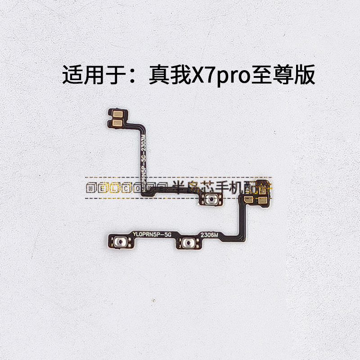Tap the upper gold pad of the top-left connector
click(x=114, y=112)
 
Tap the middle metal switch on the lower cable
click(x=186, y=243)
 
